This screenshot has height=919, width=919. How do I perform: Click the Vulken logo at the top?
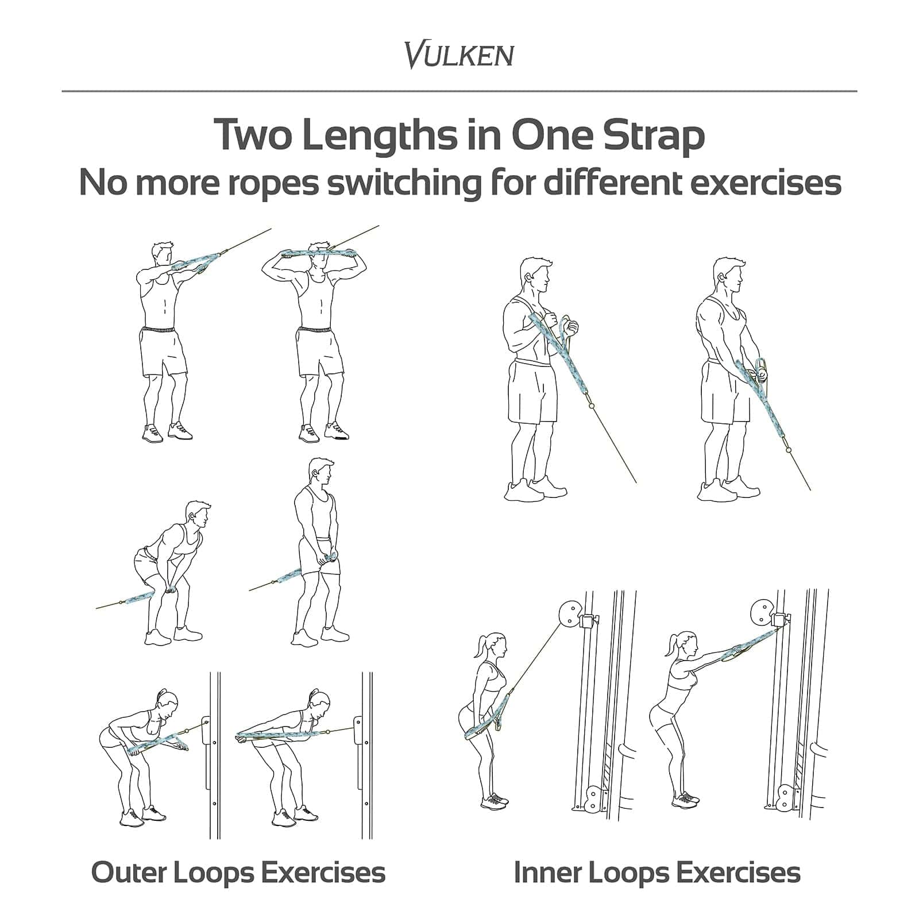tap(459, 55)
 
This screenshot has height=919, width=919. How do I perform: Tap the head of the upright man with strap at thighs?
tap(321, 474)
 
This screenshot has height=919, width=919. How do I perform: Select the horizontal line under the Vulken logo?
tap(459, 91)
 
